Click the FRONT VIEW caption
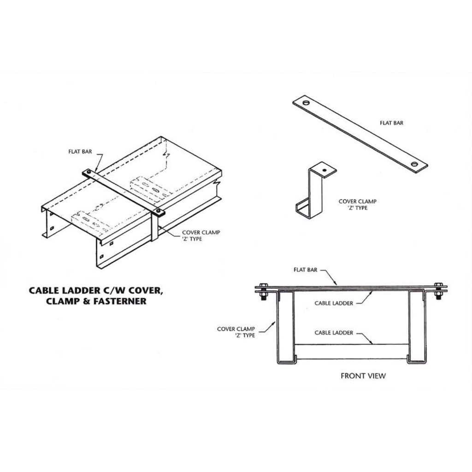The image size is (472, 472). click(x=363, y=376)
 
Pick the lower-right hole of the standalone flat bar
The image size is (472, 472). click(x=416, y=164)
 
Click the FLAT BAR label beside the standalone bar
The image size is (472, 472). click(x=392, y=123)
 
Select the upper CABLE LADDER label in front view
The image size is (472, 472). click(x=334, y=303)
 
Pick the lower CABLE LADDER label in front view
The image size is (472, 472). click(x=334, y=332)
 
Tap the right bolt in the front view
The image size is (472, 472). click(x=438, y=290)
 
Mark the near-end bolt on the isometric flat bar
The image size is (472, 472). click(x=159, y=212)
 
